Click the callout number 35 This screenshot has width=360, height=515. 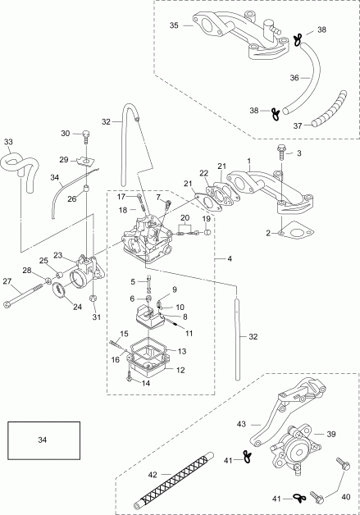[174, 26]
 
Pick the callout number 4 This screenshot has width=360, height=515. [229, 259]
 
